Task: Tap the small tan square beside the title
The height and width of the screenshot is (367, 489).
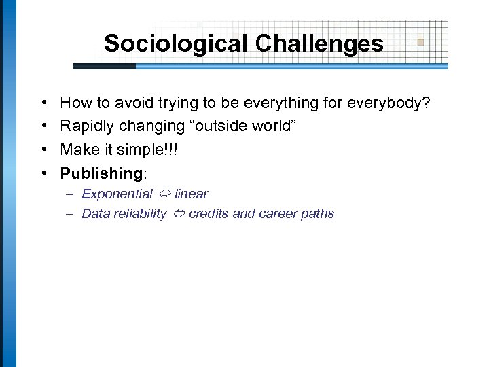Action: [x=420, y=42]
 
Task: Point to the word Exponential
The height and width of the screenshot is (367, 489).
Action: [x=117, y=194]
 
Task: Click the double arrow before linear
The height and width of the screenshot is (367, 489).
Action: [x=164, y=194]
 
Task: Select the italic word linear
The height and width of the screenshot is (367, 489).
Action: [x=191, y=194]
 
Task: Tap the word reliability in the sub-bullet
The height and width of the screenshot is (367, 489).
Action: [x=141, y=213]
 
